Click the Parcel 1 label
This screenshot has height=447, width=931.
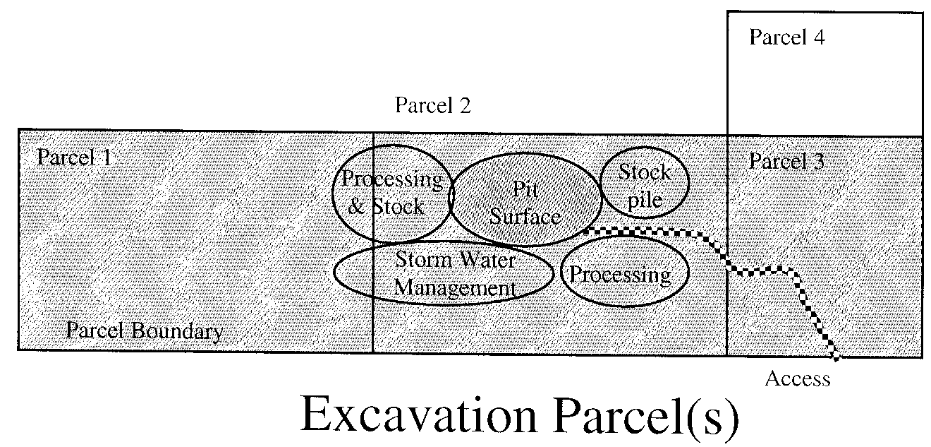[x=73, y=157]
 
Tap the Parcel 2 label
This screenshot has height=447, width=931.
[x=432, y=106]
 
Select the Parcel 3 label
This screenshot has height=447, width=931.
[x=786, y=161]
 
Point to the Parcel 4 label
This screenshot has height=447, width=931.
[x=786, y=37]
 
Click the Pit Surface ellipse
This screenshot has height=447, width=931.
[x=525, y=199]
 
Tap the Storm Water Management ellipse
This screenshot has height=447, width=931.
[x=444, y=273]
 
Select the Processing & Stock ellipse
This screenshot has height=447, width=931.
[x=391, y=193]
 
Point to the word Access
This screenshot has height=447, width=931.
[x=798, y=379]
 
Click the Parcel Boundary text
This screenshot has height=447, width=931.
[x=144, y=330]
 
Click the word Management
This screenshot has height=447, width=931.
[x=455, y=288]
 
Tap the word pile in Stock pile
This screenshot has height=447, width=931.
[x=645, y=200]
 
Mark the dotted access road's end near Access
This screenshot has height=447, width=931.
[x=836, y=358]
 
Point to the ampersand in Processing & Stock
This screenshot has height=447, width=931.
[x=357, y=207]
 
